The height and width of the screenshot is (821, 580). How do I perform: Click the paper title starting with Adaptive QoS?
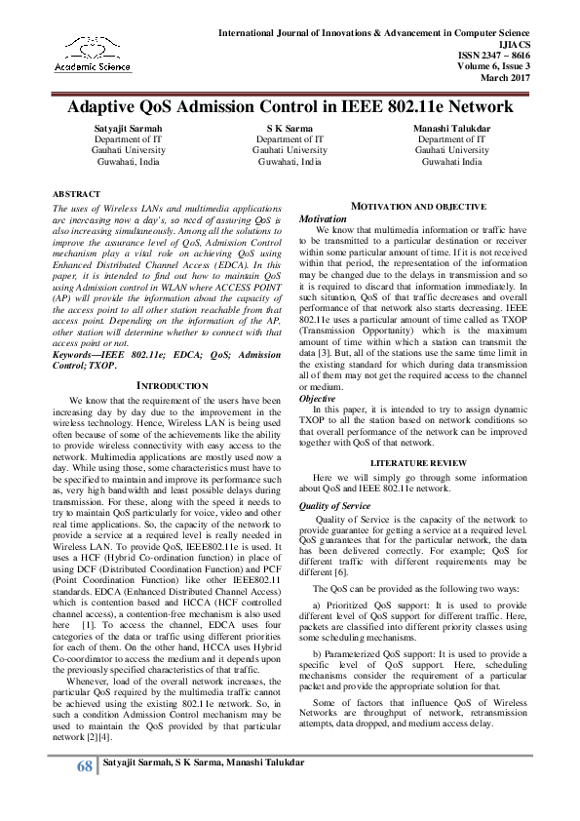pyautogui.click(x=290, y=106)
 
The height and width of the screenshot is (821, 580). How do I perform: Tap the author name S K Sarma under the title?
pyautogui.click(x=290, y=129)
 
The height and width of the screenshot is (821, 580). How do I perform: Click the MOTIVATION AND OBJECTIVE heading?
pyautogui.click(x=418, y=208)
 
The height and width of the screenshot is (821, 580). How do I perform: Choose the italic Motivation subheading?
pyautogui.click(x=322, y=219)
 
